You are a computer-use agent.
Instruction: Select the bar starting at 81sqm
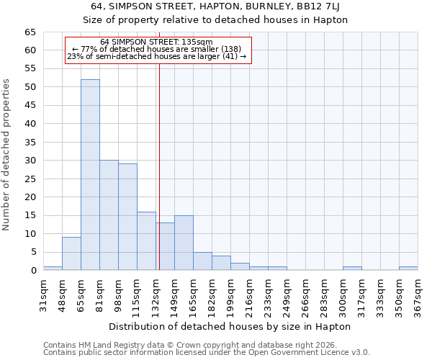click(109, 215)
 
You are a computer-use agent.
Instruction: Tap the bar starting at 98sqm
click(127, 217)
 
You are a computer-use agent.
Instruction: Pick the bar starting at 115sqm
click(146, 241)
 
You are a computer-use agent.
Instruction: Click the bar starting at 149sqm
click(184, 243)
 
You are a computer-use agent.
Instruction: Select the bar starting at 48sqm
click(71, 253)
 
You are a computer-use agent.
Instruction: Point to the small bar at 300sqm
click(352, 269)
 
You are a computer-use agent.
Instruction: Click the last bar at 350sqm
click(408, 269)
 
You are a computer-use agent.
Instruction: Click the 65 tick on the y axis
click(30, 32)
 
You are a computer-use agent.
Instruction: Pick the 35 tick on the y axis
click(30, 143)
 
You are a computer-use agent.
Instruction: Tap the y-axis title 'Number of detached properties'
click(6, 155)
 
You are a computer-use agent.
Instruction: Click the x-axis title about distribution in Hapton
click(230, 326)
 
